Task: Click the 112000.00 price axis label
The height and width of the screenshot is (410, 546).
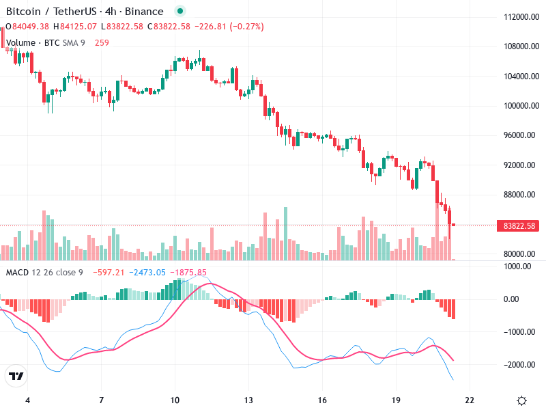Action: coord(517,17)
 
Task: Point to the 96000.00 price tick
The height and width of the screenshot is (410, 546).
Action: coord(517,135)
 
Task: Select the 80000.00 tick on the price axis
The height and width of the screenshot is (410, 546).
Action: coord(517,254)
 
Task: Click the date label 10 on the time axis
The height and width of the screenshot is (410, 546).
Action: coord(175,400)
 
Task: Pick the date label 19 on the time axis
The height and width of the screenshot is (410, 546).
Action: coord(396,400)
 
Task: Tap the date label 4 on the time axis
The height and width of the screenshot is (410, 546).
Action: coord(27,400)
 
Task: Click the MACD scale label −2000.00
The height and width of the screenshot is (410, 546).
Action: coord(517,364)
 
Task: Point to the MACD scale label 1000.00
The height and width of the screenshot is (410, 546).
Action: coord(517,266)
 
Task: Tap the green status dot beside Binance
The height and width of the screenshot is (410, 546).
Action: coord(179,12)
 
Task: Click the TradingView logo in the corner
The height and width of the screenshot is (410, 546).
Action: coord(16,377)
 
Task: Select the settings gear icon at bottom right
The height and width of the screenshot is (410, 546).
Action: coord(521,400)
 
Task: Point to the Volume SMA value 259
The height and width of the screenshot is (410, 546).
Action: coord(102,42)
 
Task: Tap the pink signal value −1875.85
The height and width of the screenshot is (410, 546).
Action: coord(189,273)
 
